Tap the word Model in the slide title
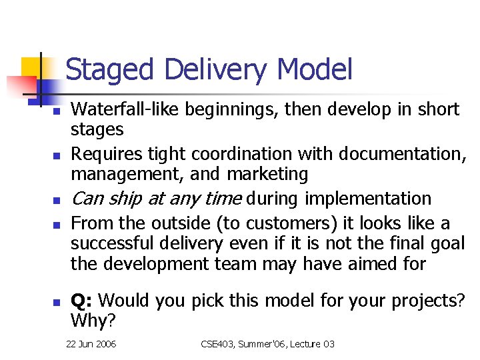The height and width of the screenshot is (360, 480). (314, 70)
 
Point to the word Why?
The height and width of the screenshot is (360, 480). (93, 321)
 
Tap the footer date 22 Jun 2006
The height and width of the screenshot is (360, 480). (91, 344)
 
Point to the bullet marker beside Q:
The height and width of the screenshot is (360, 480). (57, 302)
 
